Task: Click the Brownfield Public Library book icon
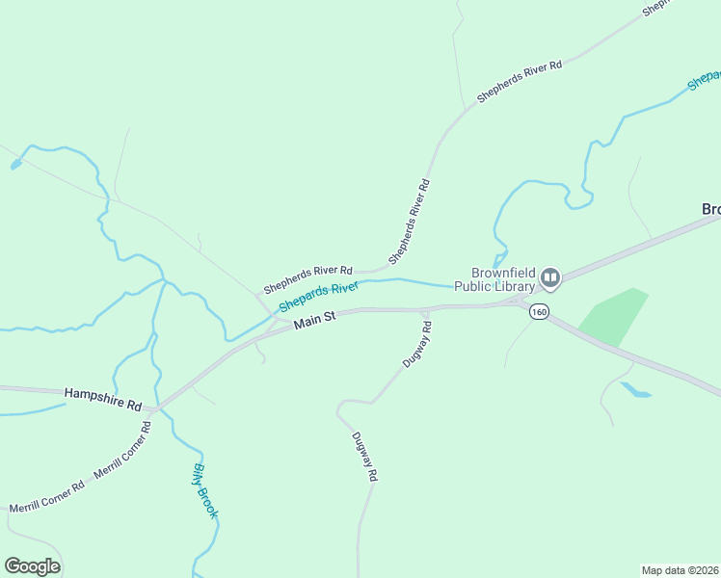pyautogui.click(x=550, y=278)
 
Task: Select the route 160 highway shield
pyautogui.click(x=539, y=311)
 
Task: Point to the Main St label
pyautogui.click(x=314, y=320)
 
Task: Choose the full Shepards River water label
pyautogui.click(x=319, y=297)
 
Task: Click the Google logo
pyautogui.click(x=32, y=566)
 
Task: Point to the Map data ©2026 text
pyautogui.click(x=680, y=569)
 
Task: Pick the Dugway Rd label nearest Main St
pyautogui.click(x=417, y=344)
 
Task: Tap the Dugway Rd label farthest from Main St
pyautogui.click(x=363, y=456)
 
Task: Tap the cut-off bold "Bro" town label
pyautogui.click(x=710, y=209)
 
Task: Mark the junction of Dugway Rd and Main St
pyautogui.click(x=425, y=309)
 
